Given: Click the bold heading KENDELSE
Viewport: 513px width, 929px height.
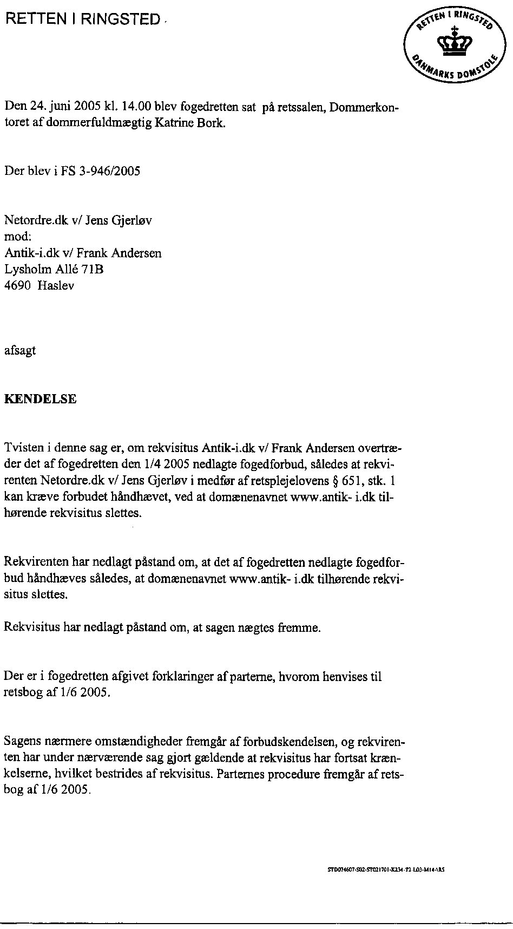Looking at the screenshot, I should click(40, 400).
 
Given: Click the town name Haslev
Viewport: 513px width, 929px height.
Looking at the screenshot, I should click(56, 285).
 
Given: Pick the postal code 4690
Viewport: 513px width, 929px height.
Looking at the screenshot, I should click(17, 285).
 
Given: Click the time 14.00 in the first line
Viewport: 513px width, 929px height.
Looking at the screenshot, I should click(135, 106).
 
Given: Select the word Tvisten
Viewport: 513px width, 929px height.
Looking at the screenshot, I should click(22, 448).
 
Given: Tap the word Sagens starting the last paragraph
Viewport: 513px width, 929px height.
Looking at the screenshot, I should click(21, 741).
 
